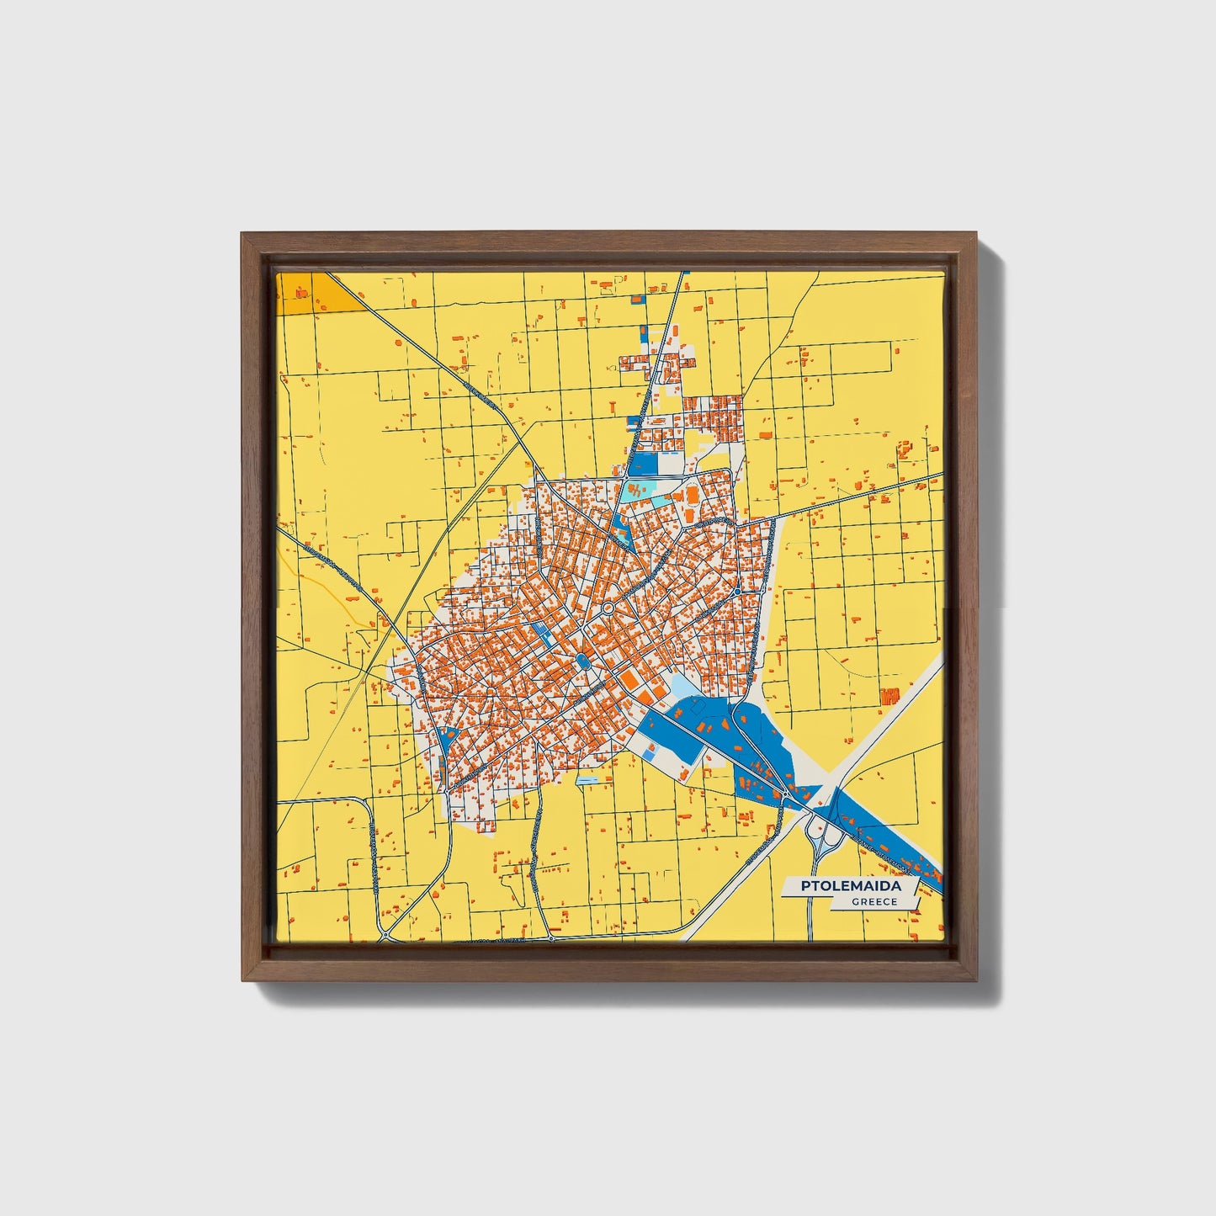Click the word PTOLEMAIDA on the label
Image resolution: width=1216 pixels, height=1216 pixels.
851,886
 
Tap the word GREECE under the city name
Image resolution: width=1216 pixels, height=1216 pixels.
874,902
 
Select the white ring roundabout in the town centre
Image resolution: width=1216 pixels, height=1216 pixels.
607,608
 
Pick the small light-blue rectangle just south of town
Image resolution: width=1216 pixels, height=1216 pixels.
587,780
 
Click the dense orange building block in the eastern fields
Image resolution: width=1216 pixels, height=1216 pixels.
889,696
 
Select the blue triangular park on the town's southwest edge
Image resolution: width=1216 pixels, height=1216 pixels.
443,742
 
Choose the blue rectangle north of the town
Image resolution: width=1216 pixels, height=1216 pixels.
643,463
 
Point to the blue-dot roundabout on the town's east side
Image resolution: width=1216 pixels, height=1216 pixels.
737,592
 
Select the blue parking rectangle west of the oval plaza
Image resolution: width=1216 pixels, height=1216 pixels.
546,637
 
